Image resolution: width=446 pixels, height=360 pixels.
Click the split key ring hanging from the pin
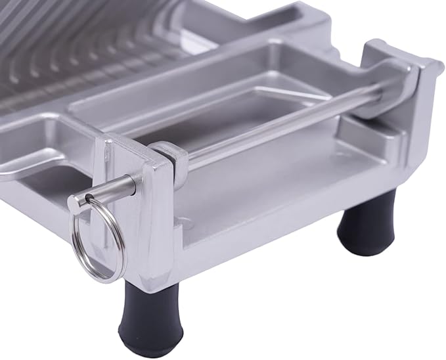tap(99, 240)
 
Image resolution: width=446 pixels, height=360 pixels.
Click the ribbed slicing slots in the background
tap(85, 46)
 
